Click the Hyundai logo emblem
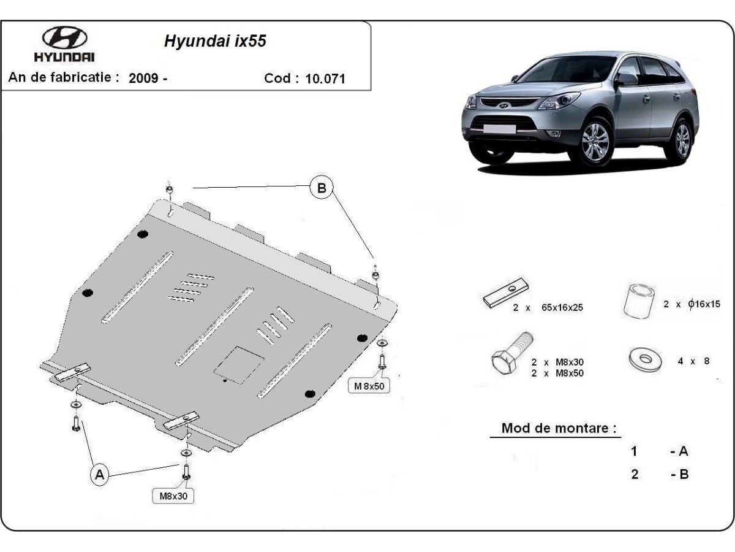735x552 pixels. (x=64, y=39)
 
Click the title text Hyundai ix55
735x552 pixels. (x=215, y=41)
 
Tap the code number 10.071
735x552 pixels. (x=325, y=79)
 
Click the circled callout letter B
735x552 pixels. (x=322, y=188)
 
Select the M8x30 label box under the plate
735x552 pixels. (x=173, y=496)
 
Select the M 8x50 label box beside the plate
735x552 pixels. (x=369, y=386)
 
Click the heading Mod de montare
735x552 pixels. (x=559, y=428)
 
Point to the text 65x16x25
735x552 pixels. (x=562, y=308)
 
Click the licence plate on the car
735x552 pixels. (x=500, y=128)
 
